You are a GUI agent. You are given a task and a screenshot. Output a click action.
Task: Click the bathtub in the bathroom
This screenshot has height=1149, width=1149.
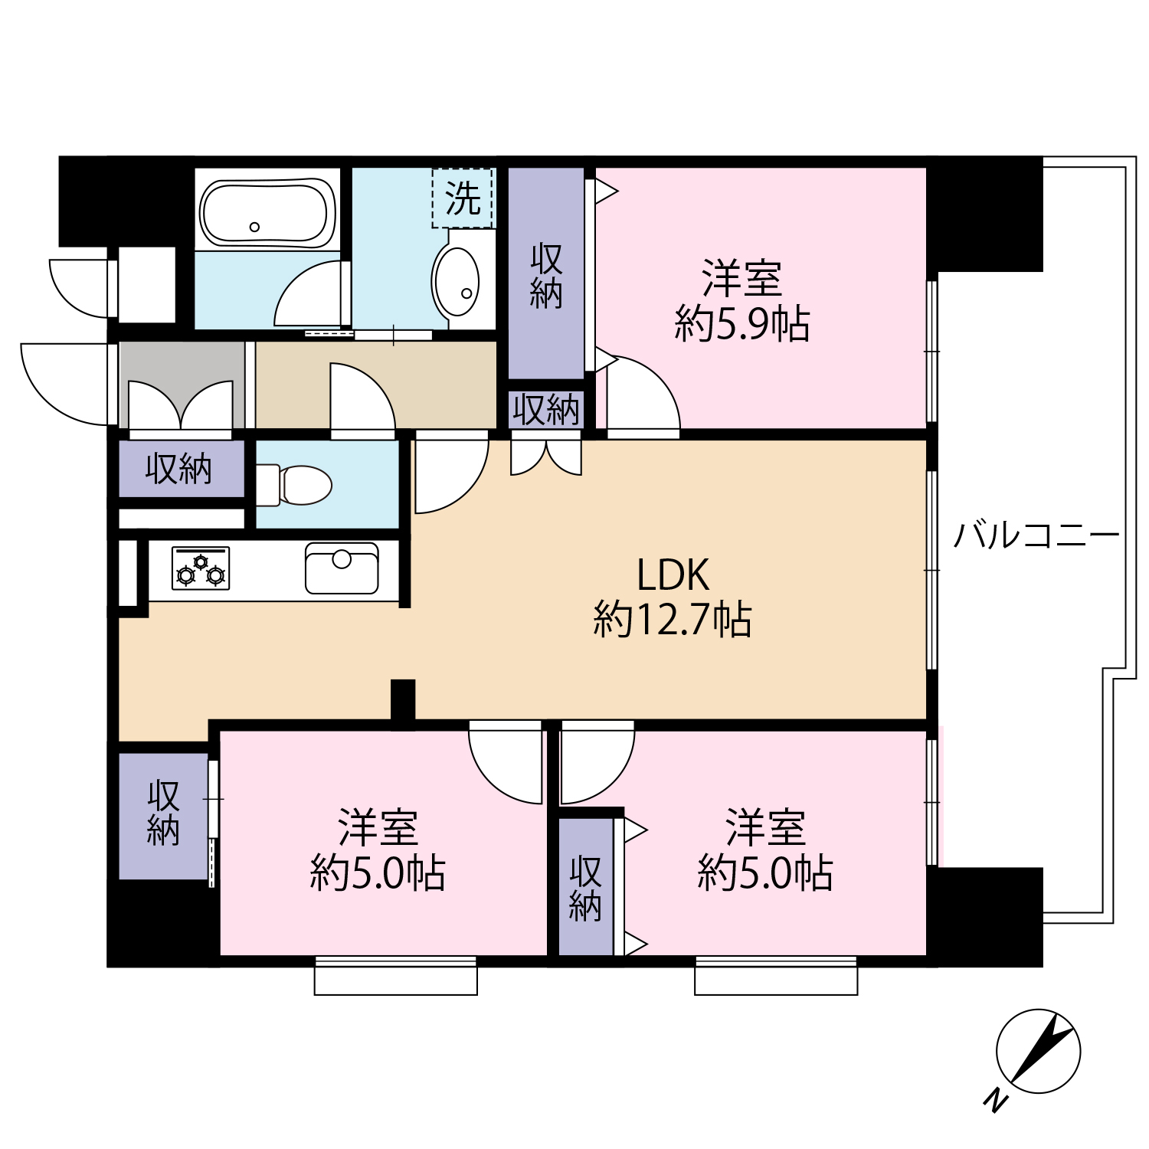point(267,213)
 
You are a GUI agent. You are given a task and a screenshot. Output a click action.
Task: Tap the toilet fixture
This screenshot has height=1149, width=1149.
point(294,485)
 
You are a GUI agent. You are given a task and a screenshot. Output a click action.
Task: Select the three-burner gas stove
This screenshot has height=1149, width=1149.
point(201,568)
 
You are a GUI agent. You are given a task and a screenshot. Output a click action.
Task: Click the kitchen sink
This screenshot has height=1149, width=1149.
point(342,568)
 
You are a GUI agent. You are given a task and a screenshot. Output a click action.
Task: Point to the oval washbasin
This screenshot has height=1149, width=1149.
point(457,280)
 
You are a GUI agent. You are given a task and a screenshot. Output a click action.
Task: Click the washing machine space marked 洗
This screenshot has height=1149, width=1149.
point(463,198)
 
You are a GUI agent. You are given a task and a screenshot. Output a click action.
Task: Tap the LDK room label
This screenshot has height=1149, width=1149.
point(673,574)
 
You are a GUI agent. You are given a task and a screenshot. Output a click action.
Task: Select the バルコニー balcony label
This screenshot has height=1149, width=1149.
point(1036,534)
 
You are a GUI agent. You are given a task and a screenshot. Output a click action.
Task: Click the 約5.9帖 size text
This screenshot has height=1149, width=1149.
point(741,323)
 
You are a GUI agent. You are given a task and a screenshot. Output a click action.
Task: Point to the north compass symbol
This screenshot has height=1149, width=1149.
point(1038,1051)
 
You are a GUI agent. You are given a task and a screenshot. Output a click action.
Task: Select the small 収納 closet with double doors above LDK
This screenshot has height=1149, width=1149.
point(546,410)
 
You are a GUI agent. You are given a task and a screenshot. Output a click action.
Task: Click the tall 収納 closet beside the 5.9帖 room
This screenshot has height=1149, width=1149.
point(546,273)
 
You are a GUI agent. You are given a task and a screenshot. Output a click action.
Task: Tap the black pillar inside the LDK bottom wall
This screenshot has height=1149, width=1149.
point(403,699)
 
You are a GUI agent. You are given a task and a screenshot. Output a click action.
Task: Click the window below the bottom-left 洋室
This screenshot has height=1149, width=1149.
point(396,975)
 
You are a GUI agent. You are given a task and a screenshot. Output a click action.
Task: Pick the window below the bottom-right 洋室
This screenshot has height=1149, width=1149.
point(776,975)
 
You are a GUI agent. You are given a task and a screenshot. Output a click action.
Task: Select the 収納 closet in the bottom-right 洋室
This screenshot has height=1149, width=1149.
point(586,887)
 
